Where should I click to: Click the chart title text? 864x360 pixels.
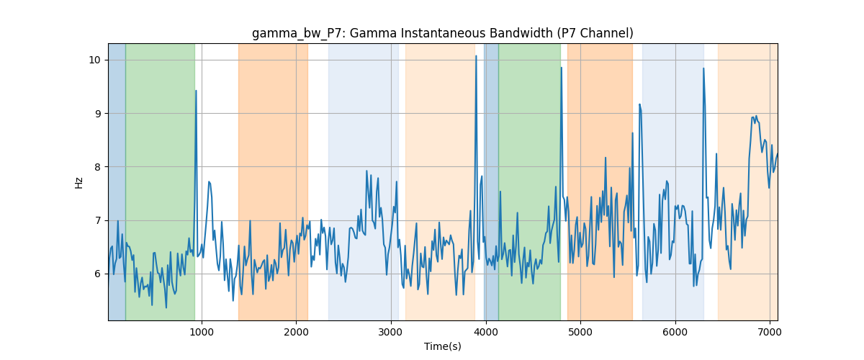point(442,34)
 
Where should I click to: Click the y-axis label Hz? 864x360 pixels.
point(78,183)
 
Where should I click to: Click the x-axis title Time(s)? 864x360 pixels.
point(442,346)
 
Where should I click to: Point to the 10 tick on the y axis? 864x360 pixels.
point(94,60)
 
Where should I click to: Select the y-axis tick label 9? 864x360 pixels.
point(98,114)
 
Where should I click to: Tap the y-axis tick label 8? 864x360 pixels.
point(98,167)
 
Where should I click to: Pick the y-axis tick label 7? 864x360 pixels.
point(98,221)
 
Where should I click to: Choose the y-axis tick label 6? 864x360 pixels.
point(98,274)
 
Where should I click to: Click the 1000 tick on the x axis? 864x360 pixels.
point(202,332)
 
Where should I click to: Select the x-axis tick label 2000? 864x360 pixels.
point(296,332)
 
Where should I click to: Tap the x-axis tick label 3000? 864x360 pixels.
point(391,332)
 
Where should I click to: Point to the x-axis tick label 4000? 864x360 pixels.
point(485,332)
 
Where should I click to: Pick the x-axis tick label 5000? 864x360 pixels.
point(580,332)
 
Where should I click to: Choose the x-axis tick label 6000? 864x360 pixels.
point(675,332)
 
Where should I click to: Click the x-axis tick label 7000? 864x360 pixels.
point(770,332)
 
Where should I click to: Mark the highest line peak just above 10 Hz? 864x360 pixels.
point(476,56)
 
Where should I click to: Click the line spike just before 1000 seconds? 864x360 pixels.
point(196,91)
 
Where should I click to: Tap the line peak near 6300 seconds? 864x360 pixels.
point(703,68)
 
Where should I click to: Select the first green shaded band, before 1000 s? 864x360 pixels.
point(160,181)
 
